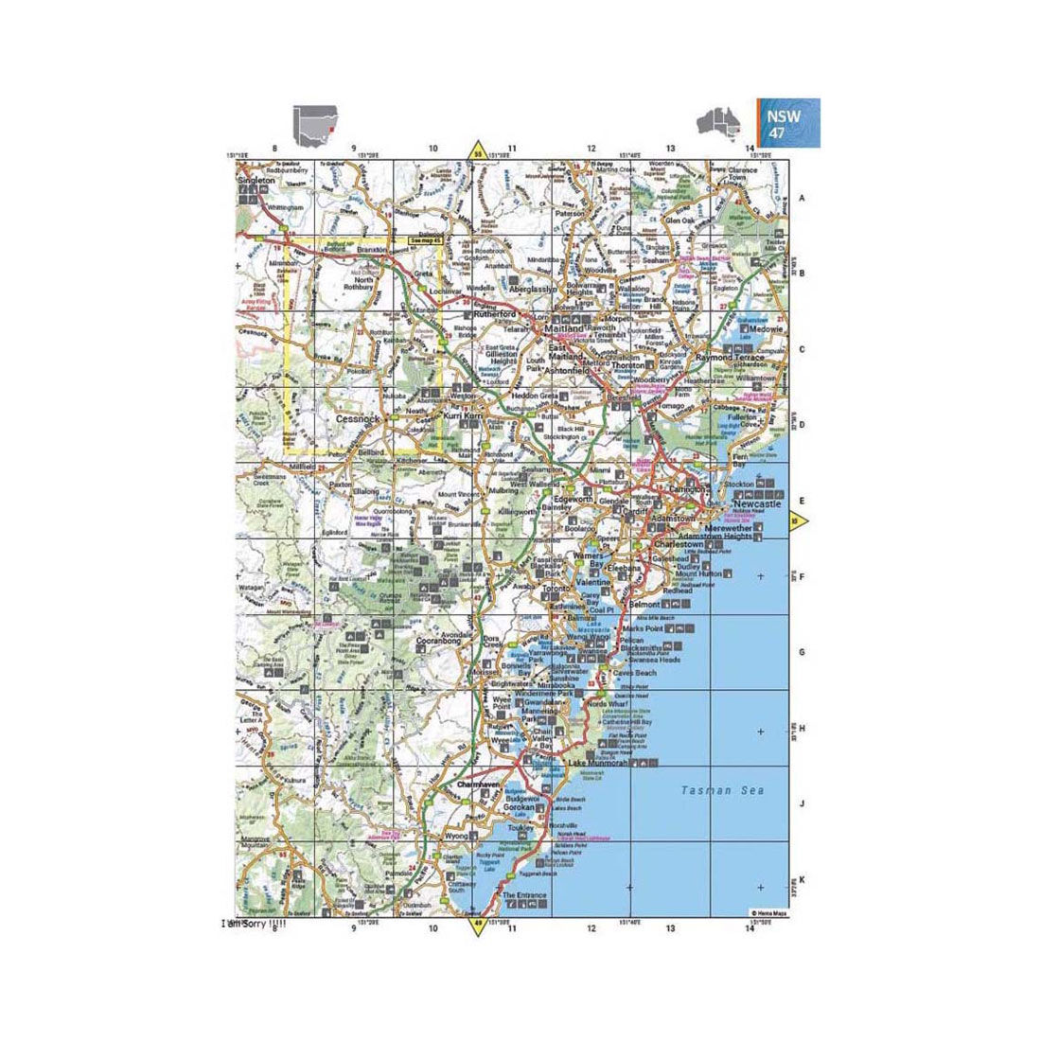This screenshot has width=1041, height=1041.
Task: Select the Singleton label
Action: coord(256,179)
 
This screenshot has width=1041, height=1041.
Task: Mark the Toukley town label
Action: coord(521,825)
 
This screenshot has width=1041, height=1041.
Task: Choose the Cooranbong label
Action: coord(438,642)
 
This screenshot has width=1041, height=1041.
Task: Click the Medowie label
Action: coord(766,329)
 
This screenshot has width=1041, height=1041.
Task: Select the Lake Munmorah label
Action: coord(597,762)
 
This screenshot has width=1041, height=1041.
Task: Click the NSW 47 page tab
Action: coord(787,124)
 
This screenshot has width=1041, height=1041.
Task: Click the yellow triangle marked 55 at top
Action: coord(478,151)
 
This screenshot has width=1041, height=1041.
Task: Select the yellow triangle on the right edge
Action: coord(798,520)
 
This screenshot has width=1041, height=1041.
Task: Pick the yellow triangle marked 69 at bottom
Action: coord(478,925)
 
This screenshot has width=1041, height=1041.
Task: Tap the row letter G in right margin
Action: coord(802,653)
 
